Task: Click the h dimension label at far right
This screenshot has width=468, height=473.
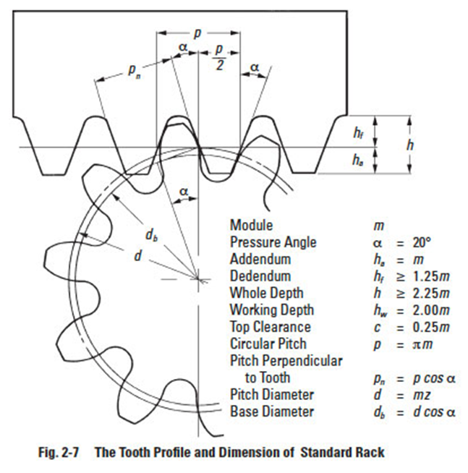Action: (x=411, y=145)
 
